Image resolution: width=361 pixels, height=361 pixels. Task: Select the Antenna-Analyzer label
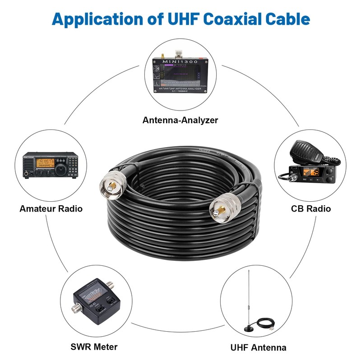tap(180, 120)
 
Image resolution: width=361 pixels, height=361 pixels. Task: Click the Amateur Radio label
tap(51, 208)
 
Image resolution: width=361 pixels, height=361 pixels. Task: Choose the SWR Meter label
tap(94, 347)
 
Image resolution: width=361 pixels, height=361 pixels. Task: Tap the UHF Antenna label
tap(258, 347)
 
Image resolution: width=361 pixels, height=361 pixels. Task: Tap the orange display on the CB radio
tap(318, 173)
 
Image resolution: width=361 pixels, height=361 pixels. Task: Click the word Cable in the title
tap(287, 19)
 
